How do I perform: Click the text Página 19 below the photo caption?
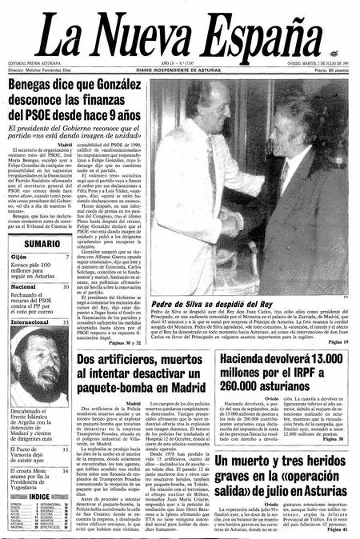[338, 341]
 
